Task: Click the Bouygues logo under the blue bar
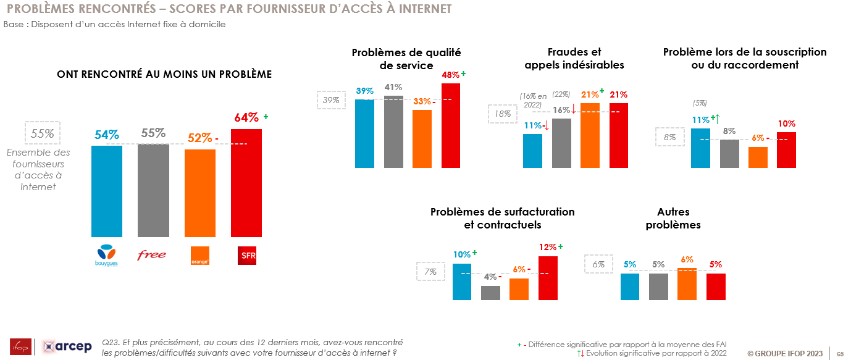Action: pos(107,254)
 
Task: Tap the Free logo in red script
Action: pos(152,254)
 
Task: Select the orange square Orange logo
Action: pos(200,256)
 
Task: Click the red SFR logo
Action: pos(248,255)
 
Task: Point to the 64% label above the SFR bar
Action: pos(246,117)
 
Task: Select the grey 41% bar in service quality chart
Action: pos(393,132)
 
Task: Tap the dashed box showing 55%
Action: pos(43,133)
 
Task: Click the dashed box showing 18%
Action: pos(503,114)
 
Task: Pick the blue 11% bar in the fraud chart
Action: pos(532,151)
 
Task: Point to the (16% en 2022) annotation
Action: pos(534,100)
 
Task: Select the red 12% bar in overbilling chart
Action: pos(548,278)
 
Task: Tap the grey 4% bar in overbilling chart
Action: pos(490,293)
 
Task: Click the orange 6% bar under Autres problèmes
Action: pos(687,284)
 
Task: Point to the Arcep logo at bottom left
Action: pos(67,346)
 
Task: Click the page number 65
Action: pos(840,354)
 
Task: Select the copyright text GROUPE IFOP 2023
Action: pos(785,354)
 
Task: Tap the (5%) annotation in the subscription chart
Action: pos(700,103)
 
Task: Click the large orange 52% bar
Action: pos(200,193)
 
